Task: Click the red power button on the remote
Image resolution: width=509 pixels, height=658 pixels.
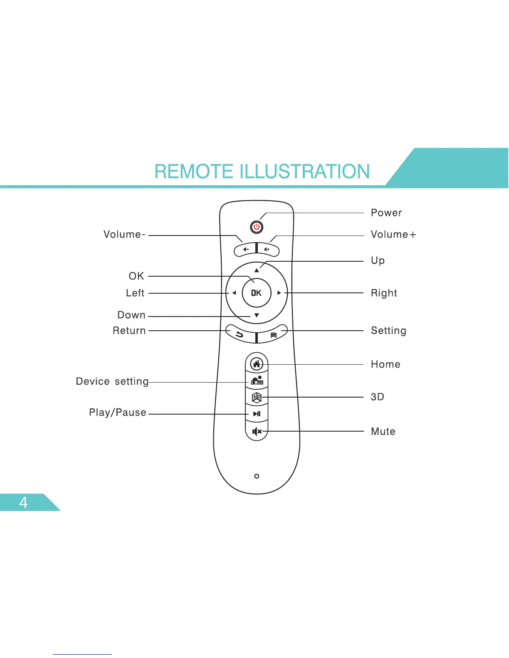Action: tap(257, 227)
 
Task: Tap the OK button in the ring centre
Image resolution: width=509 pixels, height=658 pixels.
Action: tap(257, 293)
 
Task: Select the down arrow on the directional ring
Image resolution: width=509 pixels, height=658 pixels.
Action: tap(257, 315)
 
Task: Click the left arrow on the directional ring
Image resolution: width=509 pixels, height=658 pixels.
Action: tap(234, 293)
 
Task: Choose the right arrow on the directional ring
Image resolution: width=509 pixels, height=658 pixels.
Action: tap(279, 293)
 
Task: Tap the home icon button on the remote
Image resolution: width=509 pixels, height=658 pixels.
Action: tap(257, 364)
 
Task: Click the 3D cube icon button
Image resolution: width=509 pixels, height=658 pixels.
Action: tap(257, 398)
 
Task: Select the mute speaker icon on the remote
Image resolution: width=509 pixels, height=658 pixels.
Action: tap(257, 432)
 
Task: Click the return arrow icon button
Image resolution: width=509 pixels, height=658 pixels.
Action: tap(240, 334)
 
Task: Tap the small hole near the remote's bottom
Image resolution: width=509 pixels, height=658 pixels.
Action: tap(257, 476)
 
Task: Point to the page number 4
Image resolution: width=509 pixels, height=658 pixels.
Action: tap(23, 503)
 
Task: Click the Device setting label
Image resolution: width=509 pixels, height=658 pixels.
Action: tap(112, 381)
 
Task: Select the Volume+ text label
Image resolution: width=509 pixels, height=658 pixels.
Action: tap(393, 235)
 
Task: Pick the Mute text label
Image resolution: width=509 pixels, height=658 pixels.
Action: tap(383, 432)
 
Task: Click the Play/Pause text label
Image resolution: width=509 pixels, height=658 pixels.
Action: tap(118, 412)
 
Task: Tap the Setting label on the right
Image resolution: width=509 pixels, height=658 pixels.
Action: tap(388, 331)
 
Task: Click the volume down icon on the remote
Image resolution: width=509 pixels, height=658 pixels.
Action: tap(246, 250)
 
